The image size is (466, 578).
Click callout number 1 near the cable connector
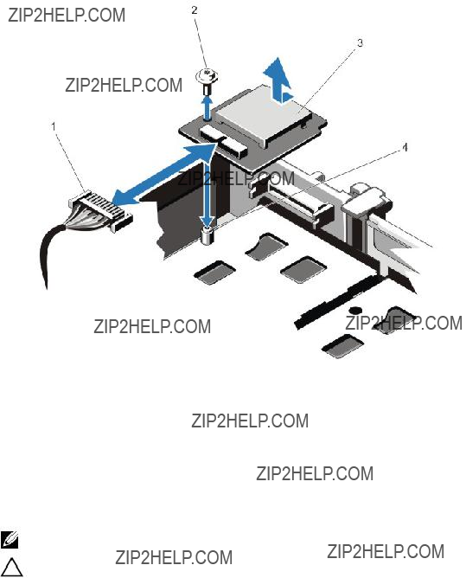pos(54,126)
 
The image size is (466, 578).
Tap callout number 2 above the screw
pos(195,10)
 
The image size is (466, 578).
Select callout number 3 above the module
pos(360,42)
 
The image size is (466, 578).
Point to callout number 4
pos(405,147)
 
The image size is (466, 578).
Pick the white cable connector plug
pos(99,210)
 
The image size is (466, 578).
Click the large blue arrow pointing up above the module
pos(278,80)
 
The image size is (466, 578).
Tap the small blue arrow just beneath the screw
pos(207,107)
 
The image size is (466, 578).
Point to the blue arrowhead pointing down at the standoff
pos(207,222)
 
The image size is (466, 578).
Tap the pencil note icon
pos(10,540)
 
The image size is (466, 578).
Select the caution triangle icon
pos(11,567)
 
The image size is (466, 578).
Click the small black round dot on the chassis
pos(355,310)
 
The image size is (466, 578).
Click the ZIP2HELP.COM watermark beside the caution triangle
pos(174,557)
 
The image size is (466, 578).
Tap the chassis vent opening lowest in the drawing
pos(342,346)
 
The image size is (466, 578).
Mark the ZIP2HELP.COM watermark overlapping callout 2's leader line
pos(124,85)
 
